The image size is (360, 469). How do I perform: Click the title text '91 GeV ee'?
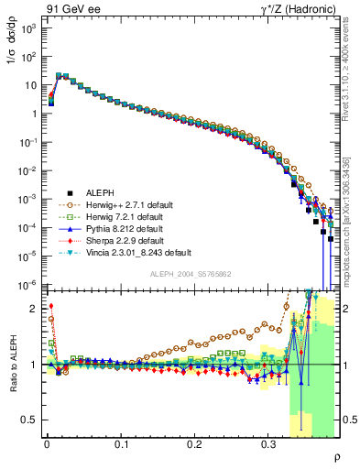click(x=69, y=8)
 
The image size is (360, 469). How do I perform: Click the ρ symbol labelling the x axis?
click(x=336, y=457)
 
